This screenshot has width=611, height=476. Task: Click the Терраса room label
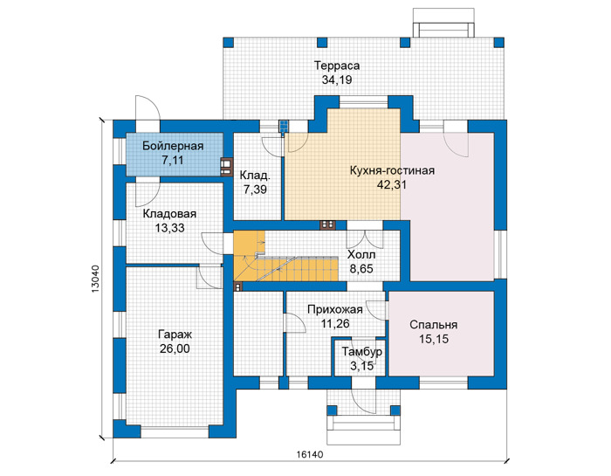(337, 66)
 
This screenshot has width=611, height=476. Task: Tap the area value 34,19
(337, 80)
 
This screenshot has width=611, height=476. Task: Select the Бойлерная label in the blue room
(173, 146)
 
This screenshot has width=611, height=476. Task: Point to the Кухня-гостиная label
(392, 171)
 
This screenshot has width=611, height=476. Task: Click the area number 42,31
(391, 185)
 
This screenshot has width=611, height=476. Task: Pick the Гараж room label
(175, 335)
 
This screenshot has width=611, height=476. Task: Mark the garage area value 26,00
(175, 348)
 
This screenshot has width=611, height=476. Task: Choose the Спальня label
(434, 325)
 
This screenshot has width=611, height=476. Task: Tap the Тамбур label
(362, 352)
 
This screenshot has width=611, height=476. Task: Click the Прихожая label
(335, 309)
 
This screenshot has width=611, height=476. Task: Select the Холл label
(361, 254)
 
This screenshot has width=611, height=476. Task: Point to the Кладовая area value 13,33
(169, 228)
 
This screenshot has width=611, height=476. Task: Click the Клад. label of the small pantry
(255, 176)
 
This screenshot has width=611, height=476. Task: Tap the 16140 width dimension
(310, 454)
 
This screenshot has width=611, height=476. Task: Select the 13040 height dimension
(96, 279)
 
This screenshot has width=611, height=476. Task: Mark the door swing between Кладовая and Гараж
(209, 277)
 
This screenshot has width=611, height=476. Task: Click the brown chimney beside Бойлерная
(226, 167)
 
